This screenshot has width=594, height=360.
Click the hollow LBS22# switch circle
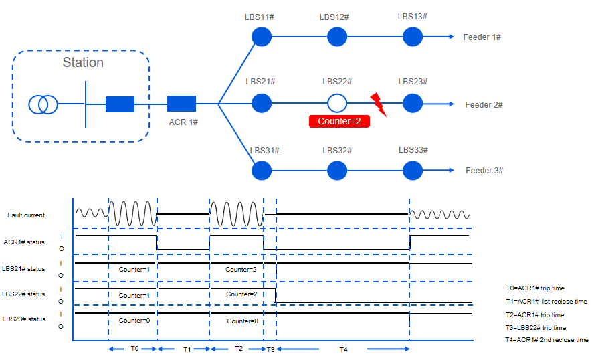click(337, 104)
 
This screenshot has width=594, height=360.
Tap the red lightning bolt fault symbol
click(379, 103)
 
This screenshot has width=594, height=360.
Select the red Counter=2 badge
click(339, 121)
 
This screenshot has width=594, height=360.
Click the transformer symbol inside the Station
click(43, 104)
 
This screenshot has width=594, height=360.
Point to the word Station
click(83, 62)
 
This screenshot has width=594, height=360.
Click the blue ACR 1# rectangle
click(181, 104)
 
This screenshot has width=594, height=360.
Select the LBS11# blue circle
click(262, 37)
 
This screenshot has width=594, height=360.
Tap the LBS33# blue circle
click(413, 171)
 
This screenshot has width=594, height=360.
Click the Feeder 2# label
click(484, 105)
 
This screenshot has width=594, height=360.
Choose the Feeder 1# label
click(482, 37)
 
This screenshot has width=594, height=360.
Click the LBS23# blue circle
click(413, 104)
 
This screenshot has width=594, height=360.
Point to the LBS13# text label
click(412, 16)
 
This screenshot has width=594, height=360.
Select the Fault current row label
click(26, 215)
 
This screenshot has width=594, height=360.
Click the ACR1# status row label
click(24, 242)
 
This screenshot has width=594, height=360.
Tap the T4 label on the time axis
click(344, 349)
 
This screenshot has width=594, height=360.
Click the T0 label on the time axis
click(134, 349)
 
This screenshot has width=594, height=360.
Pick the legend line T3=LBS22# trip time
click(535, 327)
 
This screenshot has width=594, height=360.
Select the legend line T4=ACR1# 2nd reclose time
click(547, 340)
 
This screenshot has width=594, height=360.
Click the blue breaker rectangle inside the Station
click(120, 104)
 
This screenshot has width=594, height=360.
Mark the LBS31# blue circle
click(262, 171)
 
